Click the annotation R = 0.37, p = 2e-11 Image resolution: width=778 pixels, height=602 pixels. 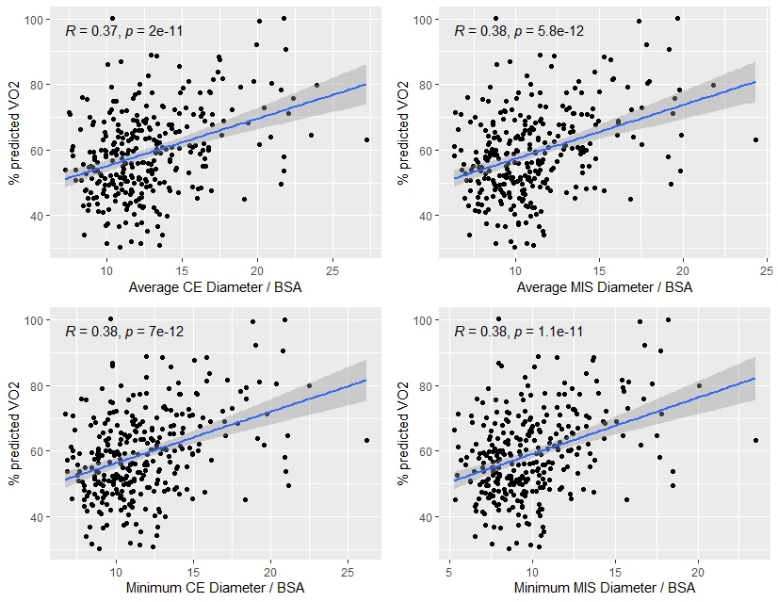[x=123, y=30]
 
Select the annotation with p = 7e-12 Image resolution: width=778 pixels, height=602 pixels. [x=123, y=331]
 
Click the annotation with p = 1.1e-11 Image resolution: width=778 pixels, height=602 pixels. [x=518, y=331]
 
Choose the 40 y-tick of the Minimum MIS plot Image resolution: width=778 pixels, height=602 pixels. [x=430, y=516]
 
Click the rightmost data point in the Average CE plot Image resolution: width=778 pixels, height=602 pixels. [x=366, y=139]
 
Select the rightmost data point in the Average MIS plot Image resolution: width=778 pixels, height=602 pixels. [x=755, y=139]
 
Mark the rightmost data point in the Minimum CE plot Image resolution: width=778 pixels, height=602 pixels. [x=366, y=440]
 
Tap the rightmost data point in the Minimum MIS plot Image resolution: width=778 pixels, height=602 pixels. [x=755, y=440]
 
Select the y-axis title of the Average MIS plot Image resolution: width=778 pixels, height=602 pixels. [x=403, y=136]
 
